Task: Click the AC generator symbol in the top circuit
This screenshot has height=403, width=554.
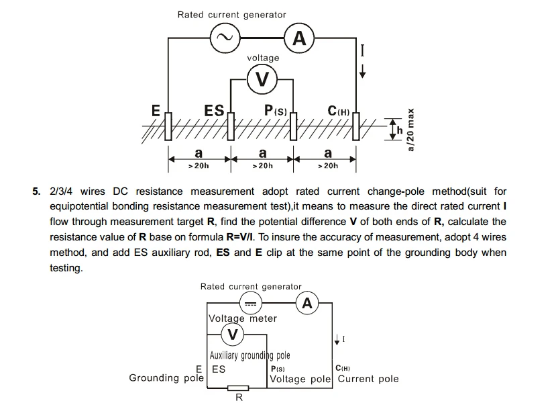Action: [x=225, y=38]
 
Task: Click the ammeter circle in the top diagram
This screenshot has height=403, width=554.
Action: [x=299, y=38]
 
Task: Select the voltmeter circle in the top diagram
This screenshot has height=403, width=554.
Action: [x=262, y=79]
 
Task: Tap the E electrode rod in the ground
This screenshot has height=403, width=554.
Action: [x=168, y=126]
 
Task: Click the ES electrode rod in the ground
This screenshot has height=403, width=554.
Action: [x=231, y=126]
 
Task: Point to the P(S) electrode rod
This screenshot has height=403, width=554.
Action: [x=293, y=126]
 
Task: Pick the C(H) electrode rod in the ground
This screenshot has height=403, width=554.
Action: [x=355, y=126]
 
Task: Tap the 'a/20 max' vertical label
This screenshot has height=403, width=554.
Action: [x=410, y=130]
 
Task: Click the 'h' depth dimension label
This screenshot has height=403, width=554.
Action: [x=400, y=130]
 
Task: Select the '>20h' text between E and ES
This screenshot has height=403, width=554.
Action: [x=199, y=166]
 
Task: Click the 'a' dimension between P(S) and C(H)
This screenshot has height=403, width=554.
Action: [x=328, y=154]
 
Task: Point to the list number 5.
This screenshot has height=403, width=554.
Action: [x=36, y=191]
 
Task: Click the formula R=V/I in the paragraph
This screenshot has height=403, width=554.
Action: [x=239, y=237]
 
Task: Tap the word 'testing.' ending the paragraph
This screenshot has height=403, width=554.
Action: [x=66, y=268]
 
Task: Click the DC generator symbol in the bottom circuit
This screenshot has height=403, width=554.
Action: [x=251, y=303]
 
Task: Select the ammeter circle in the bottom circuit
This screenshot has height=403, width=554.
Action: [x=307, y=303]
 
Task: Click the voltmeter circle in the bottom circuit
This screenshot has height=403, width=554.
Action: [x=233, y=334]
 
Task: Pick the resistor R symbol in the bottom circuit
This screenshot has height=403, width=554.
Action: [x=238, y=388]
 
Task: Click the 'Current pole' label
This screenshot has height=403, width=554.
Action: [x=368, y=379]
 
